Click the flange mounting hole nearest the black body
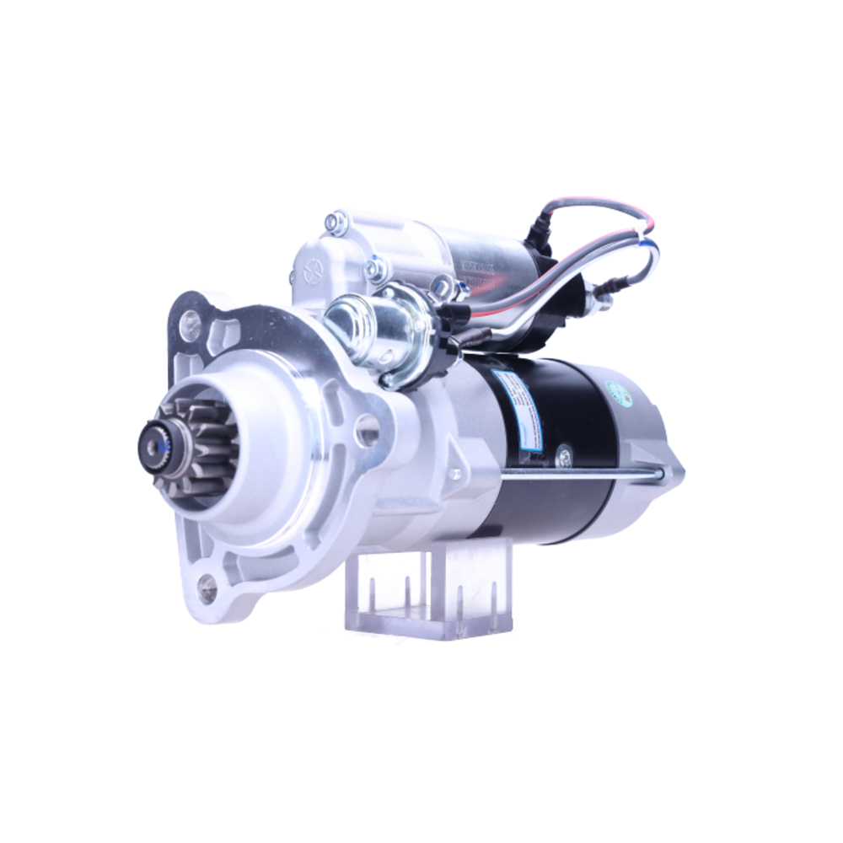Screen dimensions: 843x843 [367, 430]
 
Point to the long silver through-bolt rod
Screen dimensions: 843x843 [582, 475]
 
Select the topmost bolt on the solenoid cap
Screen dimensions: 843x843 [336, 223]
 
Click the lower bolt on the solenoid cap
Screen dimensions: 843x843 [373, 270]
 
